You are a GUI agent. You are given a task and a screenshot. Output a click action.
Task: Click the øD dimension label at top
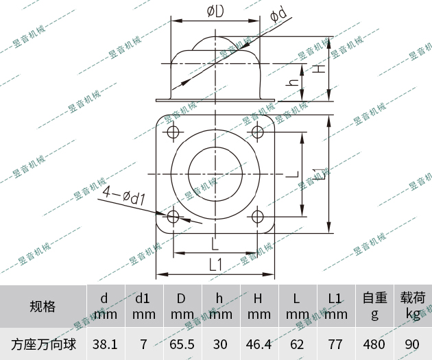[x=215, y=12]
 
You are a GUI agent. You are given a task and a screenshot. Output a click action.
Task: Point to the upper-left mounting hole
[x=173, y=131]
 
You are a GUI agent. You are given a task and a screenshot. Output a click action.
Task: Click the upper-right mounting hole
[x=259, y=131]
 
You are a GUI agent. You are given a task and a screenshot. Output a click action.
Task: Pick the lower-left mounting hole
[x=173, y=217]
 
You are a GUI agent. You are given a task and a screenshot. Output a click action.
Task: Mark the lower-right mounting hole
[x=259, y=217]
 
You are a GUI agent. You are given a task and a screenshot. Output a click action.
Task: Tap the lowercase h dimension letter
[x=293, y=82]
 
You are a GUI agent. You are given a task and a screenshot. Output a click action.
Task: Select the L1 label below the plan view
[x=215, y=264]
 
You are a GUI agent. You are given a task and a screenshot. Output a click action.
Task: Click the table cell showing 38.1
[x=105, y=343]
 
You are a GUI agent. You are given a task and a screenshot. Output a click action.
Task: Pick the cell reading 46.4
[x=259, y=343]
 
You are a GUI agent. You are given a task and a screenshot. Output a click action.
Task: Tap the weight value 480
[x=374, y=343]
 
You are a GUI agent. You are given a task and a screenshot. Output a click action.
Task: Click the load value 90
[x=413, y=343]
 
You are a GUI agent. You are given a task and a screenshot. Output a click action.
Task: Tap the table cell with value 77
[x=335, y=343]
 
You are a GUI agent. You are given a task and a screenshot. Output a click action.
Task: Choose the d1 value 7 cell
[x=143, y=343]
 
